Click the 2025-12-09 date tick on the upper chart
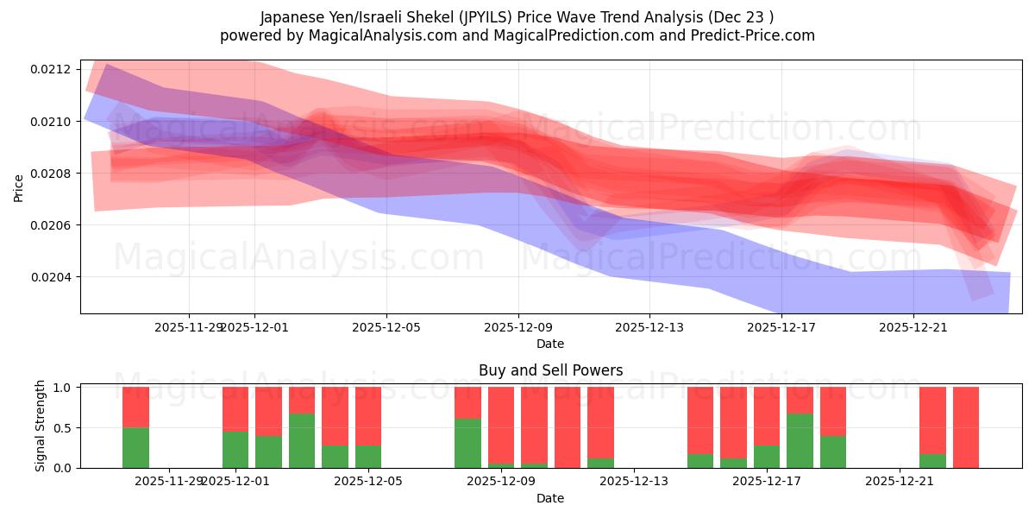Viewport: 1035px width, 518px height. (518, 327)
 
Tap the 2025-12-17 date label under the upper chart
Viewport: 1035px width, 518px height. (781, 327)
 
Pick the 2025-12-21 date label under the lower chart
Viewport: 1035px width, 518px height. (900, 481)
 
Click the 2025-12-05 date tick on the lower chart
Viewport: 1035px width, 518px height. (368, 481)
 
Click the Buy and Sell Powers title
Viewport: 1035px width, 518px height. (550, 370)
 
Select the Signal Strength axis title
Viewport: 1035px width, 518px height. (41, 426)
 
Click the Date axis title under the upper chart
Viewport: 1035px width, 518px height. (550, 344)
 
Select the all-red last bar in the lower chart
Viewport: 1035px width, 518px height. (965, 427)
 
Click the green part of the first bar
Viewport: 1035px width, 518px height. (135, 447)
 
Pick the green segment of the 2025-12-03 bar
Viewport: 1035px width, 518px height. (302, 440)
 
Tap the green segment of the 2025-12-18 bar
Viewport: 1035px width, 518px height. (800, 440)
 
